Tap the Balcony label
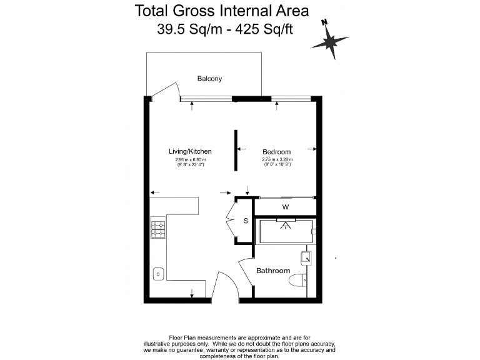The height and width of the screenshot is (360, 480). tap(209, 79)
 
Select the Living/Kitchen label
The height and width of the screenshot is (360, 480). tap(190, 151)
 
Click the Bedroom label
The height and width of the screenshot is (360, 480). tap(276, 152)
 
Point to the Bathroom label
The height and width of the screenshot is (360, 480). tap(273, 271)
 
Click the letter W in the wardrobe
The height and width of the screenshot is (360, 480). tap(285, 207)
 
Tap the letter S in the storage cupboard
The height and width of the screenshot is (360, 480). tap(246, 221)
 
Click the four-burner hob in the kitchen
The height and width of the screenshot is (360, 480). tap(158, 229)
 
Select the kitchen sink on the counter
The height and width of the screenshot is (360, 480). tap(159, 272)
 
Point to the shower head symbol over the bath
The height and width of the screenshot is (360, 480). tap(286, 225)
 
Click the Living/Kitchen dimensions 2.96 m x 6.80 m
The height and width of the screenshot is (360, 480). tap(190, 161)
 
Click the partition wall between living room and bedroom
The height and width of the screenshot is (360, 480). tap(236, 150)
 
